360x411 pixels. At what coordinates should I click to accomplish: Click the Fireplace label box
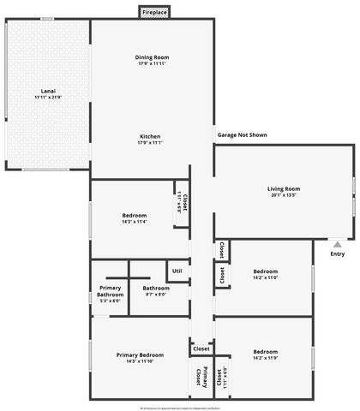155,14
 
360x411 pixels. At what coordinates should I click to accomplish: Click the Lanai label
49,90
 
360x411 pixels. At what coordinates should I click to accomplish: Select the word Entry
337,253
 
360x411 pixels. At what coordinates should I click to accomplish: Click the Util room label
177,271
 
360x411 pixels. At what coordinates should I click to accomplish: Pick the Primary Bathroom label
111,291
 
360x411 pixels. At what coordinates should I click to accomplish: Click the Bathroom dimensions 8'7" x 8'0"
155,295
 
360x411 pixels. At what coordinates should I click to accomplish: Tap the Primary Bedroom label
139,354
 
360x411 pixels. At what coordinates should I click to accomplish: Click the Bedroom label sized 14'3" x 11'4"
135,215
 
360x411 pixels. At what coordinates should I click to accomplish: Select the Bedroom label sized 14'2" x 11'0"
265,271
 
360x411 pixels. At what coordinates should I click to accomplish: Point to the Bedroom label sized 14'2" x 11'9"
265,351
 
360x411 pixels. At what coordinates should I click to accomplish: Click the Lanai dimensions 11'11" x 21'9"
49,97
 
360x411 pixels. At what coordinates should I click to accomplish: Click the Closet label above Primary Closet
201,348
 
